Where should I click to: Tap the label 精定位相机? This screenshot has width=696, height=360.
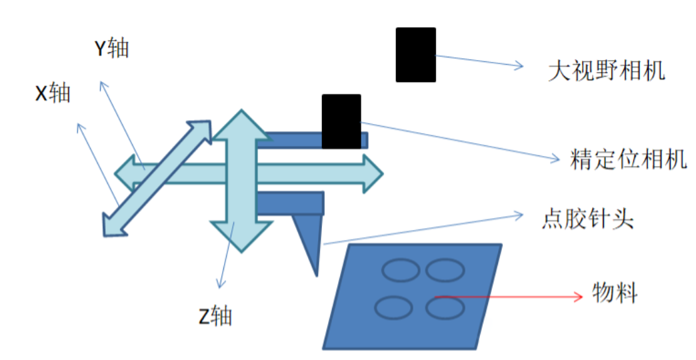629,159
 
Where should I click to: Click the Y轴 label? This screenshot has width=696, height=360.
111,48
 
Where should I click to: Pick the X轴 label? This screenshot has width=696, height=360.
53,94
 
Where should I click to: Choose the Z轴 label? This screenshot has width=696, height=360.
215,316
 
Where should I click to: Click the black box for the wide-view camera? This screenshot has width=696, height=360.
415,55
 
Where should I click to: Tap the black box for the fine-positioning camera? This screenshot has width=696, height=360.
341,121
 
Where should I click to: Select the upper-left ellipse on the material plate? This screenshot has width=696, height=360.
400,271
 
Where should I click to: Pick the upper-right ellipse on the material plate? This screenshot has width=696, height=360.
445,271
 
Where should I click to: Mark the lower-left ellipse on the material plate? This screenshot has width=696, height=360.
393,307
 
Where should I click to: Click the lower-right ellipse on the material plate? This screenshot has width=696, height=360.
445,307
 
